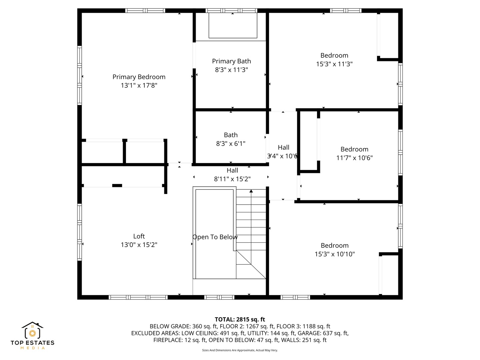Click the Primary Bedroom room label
click(139, 77)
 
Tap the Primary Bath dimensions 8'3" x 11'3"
click(231, 70)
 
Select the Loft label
click(139, 236)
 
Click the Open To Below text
click(215, 237)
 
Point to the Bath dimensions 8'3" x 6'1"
click(231, 144)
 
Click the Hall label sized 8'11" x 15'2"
click(232, 170)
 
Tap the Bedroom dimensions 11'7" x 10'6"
click(354, 158)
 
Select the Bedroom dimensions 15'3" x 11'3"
click(334, 64)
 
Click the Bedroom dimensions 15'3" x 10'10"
click(334, 254)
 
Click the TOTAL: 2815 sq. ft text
click(240, 319)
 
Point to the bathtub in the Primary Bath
click(233, 26)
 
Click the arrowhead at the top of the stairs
click(251, 191)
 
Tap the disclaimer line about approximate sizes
click(240, 350)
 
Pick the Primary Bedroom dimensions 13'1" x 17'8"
click(139, 86)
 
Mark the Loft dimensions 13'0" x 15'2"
click(139, 245)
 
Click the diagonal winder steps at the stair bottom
click(250, 265)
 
